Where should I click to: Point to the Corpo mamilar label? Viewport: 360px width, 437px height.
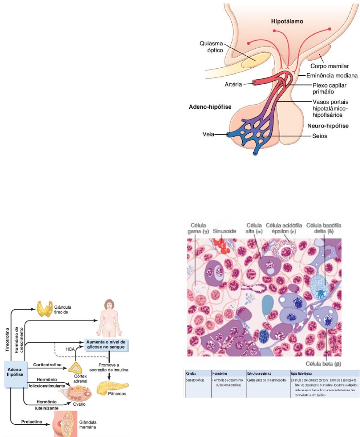[x=332, y=66]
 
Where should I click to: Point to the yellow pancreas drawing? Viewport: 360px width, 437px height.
[x=111, y=387]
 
